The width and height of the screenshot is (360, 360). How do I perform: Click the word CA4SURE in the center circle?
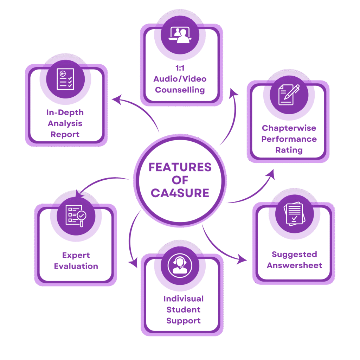(x=180, y=193)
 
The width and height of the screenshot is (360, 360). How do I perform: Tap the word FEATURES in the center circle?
(x=180, y=167)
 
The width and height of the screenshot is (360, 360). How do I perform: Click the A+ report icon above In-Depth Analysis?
(x=65, y=79)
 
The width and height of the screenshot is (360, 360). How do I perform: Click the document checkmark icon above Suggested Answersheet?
(x=294, y=214)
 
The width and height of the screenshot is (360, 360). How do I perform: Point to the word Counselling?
(x=180, y=90)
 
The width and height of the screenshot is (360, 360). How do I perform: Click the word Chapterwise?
(x=289, y=128)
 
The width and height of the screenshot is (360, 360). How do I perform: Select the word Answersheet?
(x=294, y=265)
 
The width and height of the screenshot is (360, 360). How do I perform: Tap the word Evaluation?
(x=76, y=266)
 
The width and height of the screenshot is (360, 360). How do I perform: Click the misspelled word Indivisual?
(x=183, y=299)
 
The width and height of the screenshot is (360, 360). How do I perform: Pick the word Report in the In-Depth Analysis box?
(x=65, y=134)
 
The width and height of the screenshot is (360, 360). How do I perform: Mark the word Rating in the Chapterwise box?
(x=289, y=150)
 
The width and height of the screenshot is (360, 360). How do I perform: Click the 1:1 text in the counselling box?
(x=180, y=68)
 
